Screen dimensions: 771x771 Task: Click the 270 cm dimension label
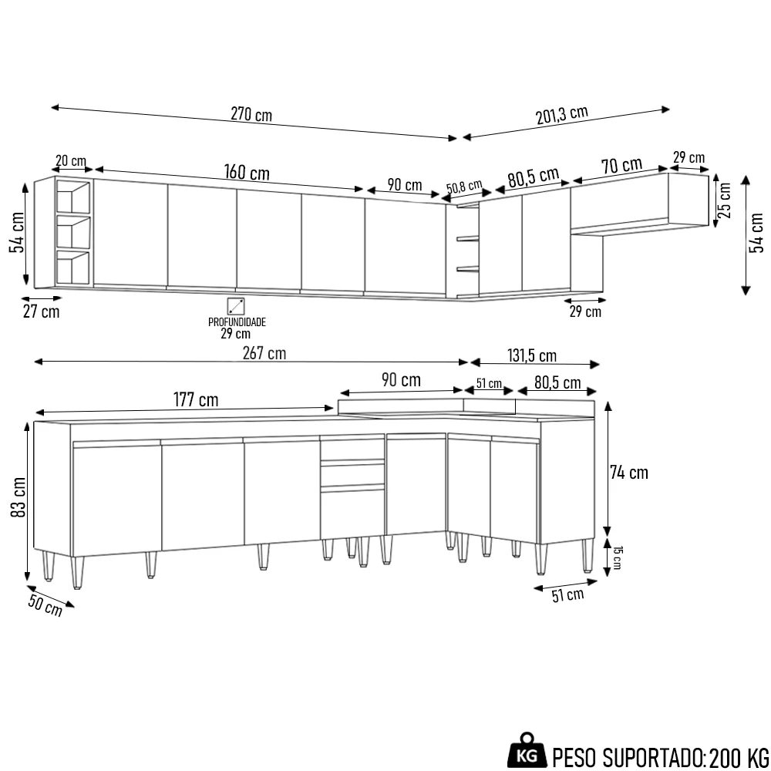[251, 116]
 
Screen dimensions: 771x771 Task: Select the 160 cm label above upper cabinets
[247, 171]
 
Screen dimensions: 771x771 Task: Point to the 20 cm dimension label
[71, 161]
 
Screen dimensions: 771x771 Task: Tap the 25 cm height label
[725, 201]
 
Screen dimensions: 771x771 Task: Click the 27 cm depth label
[40, 311]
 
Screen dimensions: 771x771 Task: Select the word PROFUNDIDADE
[237, 322]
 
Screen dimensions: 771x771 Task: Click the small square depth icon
[236, 305]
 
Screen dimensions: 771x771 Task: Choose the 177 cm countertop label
[196, 400]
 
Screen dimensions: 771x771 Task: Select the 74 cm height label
[628, 473]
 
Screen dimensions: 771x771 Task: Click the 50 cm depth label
[45, 607]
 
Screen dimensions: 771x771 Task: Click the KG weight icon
[528, 752]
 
